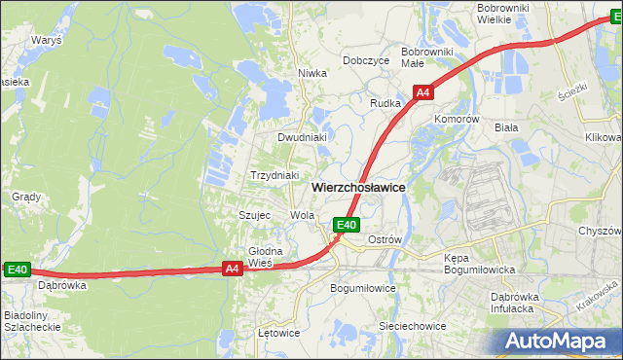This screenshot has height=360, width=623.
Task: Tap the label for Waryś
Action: coord(46,42)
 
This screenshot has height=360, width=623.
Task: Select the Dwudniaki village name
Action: coord(301,137)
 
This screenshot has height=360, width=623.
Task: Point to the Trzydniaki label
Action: coord(274,175)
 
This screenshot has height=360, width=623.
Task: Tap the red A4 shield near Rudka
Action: coord(422,92)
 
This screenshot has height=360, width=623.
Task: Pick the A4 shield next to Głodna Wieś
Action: coord(232,269)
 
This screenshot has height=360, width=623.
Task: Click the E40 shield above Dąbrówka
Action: coord(18,270)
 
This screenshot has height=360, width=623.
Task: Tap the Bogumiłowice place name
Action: coord(363,289)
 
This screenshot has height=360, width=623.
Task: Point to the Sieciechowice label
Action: coord(413,326)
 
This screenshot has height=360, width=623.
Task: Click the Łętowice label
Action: coord(278,333)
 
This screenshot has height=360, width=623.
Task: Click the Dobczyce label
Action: coord(366,60)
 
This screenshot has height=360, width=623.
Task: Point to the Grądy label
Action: coord(26,197)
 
